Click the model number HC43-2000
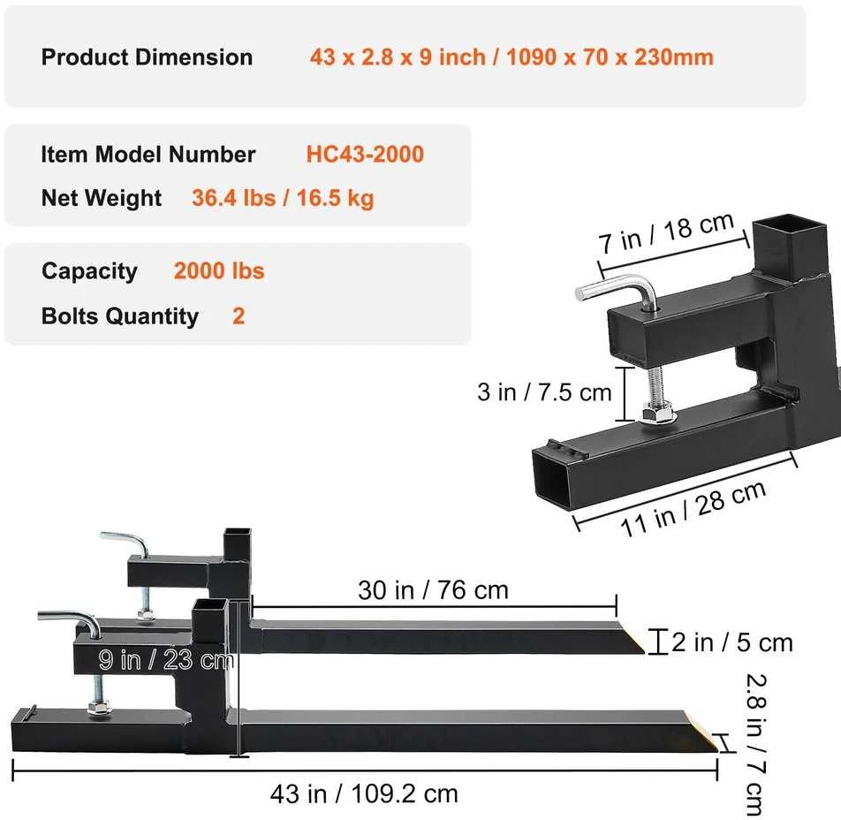click(365, 154)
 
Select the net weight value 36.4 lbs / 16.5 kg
click(283, 198)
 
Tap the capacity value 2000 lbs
click(219, 271)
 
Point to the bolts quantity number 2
click(239, 316)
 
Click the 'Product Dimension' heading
click(147, 57)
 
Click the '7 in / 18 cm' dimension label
click(666, 232)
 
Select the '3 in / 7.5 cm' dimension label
click(544, 392)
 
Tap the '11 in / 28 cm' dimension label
click(693, 509)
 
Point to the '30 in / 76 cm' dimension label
click(434, 590)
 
